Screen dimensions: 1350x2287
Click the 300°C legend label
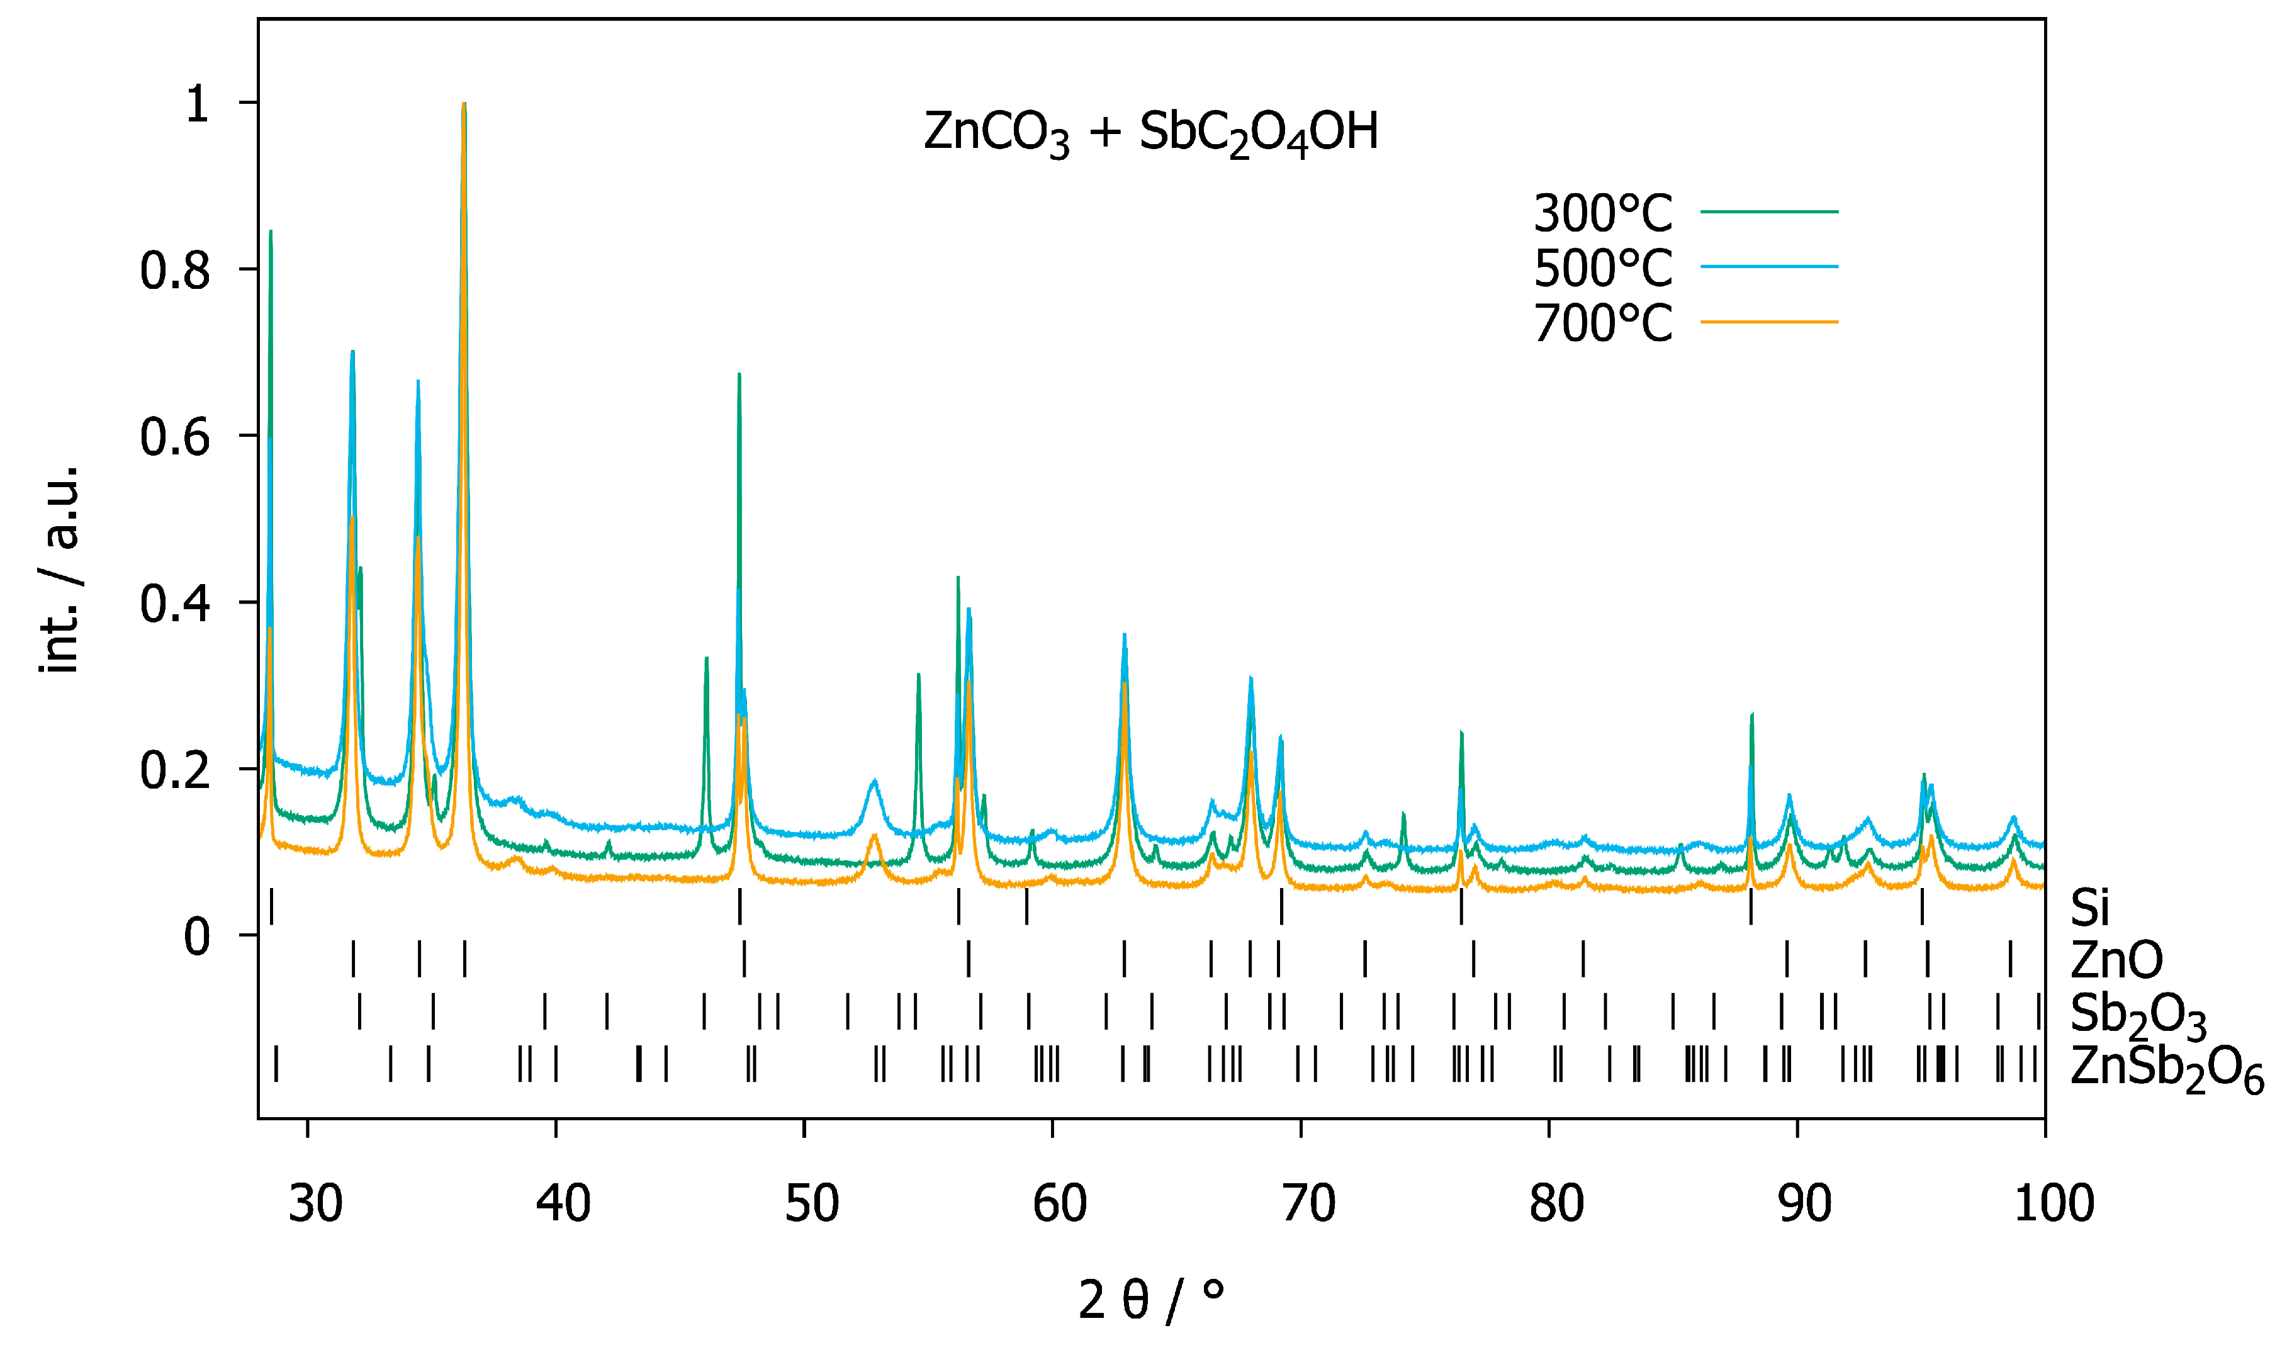coord(1602,214)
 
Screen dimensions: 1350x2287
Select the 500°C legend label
coord(1602,268)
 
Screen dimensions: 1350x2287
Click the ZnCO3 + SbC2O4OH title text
coord(1151,133)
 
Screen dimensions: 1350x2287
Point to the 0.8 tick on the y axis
coord(176,271)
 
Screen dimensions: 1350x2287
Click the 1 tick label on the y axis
coord(196,104)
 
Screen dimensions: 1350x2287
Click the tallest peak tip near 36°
coord(464,104)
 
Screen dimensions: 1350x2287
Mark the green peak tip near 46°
coord(707,658)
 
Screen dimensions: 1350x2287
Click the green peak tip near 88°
coord(1752,715)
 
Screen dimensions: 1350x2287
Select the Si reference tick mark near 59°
coord(1026,906)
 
